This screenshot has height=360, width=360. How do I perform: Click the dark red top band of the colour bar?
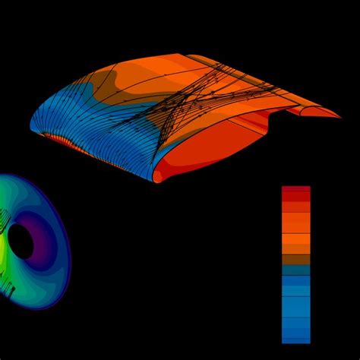point(295,191)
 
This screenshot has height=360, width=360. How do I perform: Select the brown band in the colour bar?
point(295,259)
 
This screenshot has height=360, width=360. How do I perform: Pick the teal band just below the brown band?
point(295,269)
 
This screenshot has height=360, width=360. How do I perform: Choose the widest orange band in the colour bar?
point(295,242)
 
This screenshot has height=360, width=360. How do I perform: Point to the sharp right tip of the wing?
point(338,117)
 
